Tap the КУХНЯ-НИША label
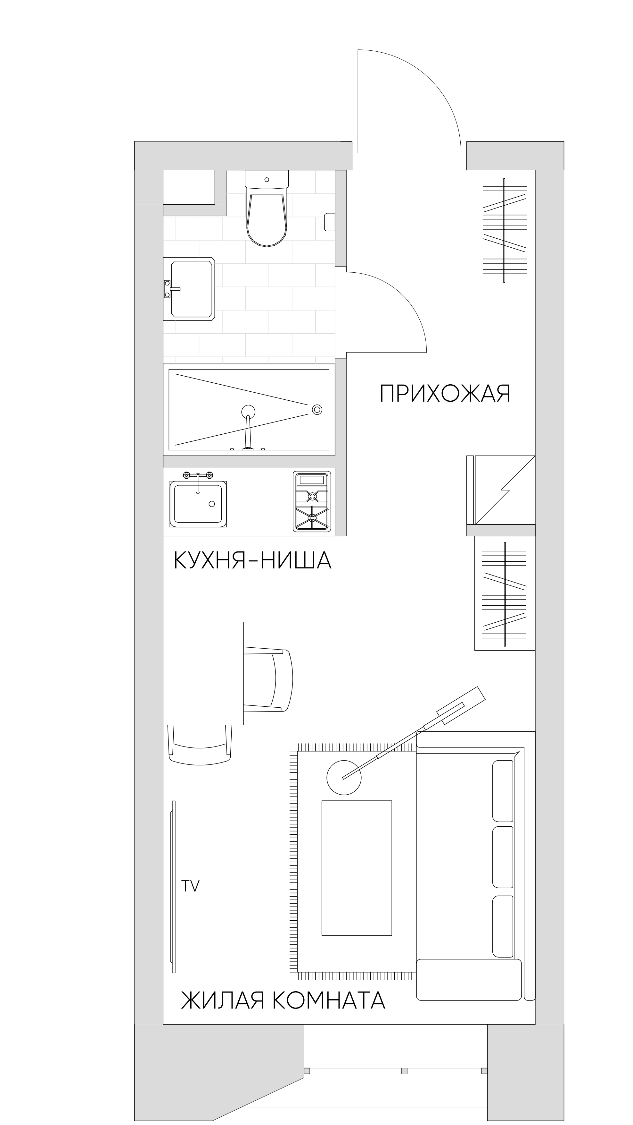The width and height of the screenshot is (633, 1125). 252,560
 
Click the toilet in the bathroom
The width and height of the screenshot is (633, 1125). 267,209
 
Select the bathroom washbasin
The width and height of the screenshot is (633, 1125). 189,289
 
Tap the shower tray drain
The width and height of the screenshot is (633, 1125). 317,410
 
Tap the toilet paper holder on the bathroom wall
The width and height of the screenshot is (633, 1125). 330,222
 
